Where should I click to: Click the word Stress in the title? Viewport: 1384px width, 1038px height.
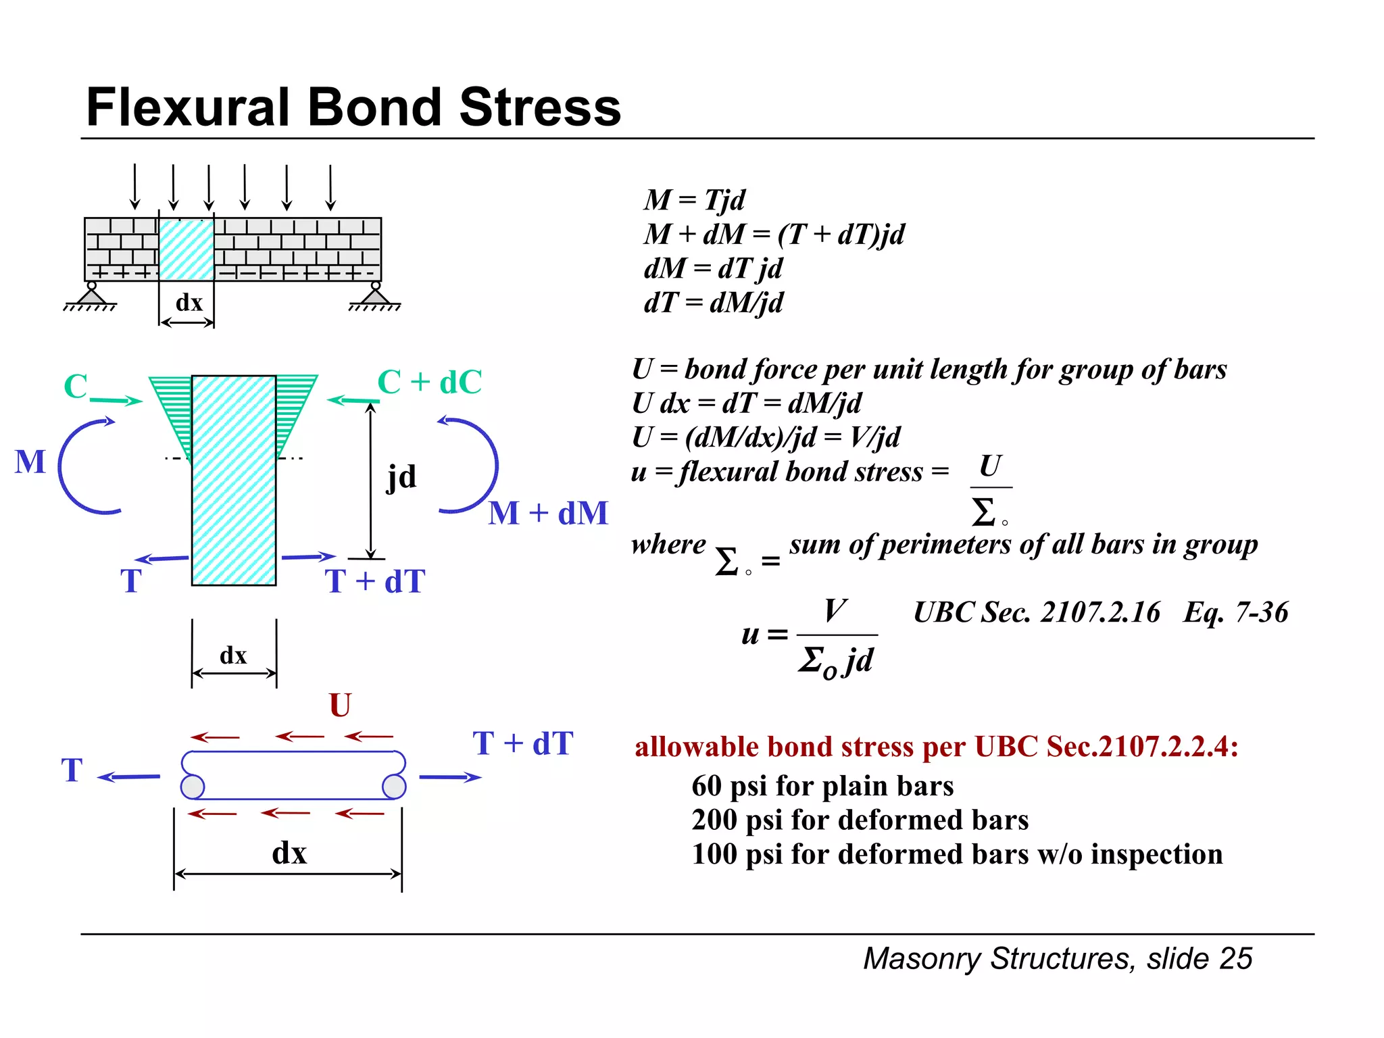click(540, 107)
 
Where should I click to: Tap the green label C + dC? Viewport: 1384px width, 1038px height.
click(429, 382)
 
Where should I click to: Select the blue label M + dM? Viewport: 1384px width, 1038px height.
click(548, 513)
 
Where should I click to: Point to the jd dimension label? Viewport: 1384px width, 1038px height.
click(401, 477)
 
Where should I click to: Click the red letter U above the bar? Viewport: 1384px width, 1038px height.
click(340, 706)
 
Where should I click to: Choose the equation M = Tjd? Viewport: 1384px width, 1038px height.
click(694, 200)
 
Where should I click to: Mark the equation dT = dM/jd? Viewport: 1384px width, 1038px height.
click(713, 303)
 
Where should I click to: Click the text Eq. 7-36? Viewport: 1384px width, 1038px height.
click(1235, 612)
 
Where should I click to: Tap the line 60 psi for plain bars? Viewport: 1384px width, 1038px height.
click(822, 786)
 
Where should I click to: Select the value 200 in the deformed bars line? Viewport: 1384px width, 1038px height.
click(714, 820)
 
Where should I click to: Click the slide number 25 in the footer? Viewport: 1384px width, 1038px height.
click(1236, 958)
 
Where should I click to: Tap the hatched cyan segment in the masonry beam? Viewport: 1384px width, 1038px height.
click(187, 249)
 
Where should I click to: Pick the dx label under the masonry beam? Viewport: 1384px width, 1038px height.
click(189, 303)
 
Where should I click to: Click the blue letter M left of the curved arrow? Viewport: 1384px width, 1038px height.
click(30, 462)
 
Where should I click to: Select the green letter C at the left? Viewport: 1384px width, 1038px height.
click(75, 387)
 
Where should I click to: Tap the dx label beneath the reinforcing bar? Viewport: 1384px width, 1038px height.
click(289, 853)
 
